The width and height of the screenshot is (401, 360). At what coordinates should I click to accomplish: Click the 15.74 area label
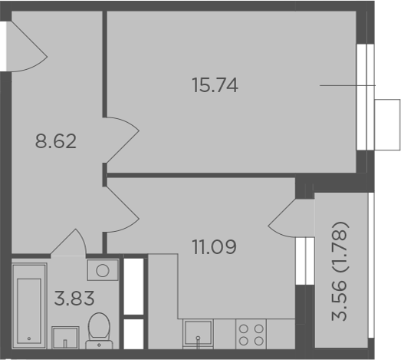pyautogui.click(x=215, y=85)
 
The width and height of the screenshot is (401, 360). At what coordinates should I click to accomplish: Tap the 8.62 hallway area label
pyautogui.click(x=56, y=141)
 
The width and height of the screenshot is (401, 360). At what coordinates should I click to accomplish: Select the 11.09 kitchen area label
pyautogui.click(x=215, y=247)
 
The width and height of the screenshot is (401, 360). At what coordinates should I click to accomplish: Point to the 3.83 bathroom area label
pyautogui.click(x=74, y=299)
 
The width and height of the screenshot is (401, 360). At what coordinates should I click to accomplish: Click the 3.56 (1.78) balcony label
pyautogui.click(x=340, y=272)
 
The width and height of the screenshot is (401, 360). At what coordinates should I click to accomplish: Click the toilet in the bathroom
pyautogui.click(x=99, y=331)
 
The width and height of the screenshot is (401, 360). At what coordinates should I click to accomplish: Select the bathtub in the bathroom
pyautogui.click(x=29, y=306)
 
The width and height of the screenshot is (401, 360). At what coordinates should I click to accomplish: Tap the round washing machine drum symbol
pyautogui.click(x=103, y=270)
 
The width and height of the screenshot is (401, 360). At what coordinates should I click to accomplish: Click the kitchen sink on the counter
pyautogui.click(x=198, y=334)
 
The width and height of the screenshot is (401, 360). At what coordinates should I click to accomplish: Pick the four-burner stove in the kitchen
pyautogui.click(x=251, y=334)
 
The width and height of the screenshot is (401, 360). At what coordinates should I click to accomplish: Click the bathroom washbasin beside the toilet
pyautogui.click(x=65, y=338)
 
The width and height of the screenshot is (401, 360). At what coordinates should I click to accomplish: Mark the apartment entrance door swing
pyautogui.click(x=27, y=46)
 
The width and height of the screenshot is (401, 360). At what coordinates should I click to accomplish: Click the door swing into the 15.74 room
pyautogui.click(x=122, y=140)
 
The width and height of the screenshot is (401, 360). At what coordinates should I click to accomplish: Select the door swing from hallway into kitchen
pyautogui.click(x=122, y=210)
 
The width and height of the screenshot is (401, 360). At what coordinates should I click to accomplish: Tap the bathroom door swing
pyautogui.click(x=68, y=242)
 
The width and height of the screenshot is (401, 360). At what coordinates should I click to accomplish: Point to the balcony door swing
pyautogui.click(x=291, y=218)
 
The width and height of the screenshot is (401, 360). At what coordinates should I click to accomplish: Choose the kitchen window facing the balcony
pyautogui.click(x=305, y=261)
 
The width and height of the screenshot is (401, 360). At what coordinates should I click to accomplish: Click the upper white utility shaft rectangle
pyautogui.click(x=133, y=286)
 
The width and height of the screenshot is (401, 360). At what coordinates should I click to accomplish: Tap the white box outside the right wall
pyautogui.click(x=387, y=124)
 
